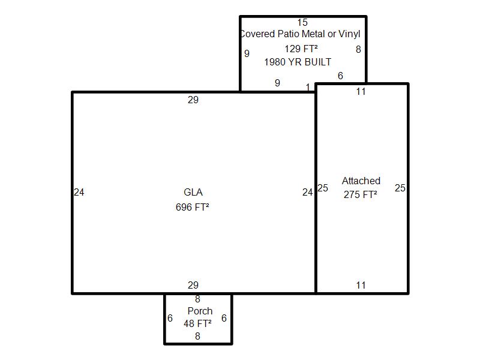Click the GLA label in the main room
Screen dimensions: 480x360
pyautogui.click(x=193, y=192)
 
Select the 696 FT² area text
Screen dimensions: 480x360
pyautogui.click(x=192, y=207)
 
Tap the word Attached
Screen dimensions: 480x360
pyautogui.click(x=361, y=181)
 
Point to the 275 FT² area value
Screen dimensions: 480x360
pyautogui.click(x=361, y=194)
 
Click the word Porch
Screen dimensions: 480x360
pyautogui.click(x=200, y=311)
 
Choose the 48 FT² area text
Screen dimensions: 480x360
pyautogui.click(x=197, y=323)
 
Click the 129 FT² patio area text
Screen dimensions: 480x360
pyautogui.click(x=301, y=49)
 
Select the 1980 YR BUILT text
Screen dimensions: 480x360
pyautogui.click(x=298, y=62)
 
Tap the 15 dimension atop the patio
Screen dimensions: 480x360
pyautogui.click(x=302, y=22)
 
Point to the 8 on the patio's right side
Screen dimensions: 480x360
pyautogui.click(x=358, y=49)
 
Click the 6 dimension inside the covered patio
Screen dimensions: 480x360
pyautogui.click(x=340, y=76)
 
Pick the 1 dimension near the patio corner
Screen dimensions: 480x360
pyautogui.click(x=308, y=87)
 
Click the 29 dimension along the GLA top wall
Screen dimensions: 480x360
pyautogui.click(x=193, y=100)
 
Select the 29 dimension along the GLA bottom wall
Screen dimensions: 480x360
pyautogui.click(x=193, y=286)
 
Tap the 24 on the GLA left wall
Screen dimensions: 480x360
pyautogui.click(x=79, y=192)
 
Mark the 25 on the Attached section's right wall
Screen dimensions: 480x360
pyautogui.click(x=400, y=188)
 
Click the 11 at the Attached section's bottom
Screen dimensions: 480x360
pyautogui.click(x=361, y=286)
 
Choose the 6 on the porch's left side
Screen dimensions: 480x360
pyautogui.click(x=170, y=319)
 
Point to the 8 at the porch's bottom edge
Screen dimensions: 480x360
pyautogui.click(x=198, y=337)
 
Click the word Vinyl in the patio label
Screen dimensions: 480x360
pyautogui.click(x=349, y=34)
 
